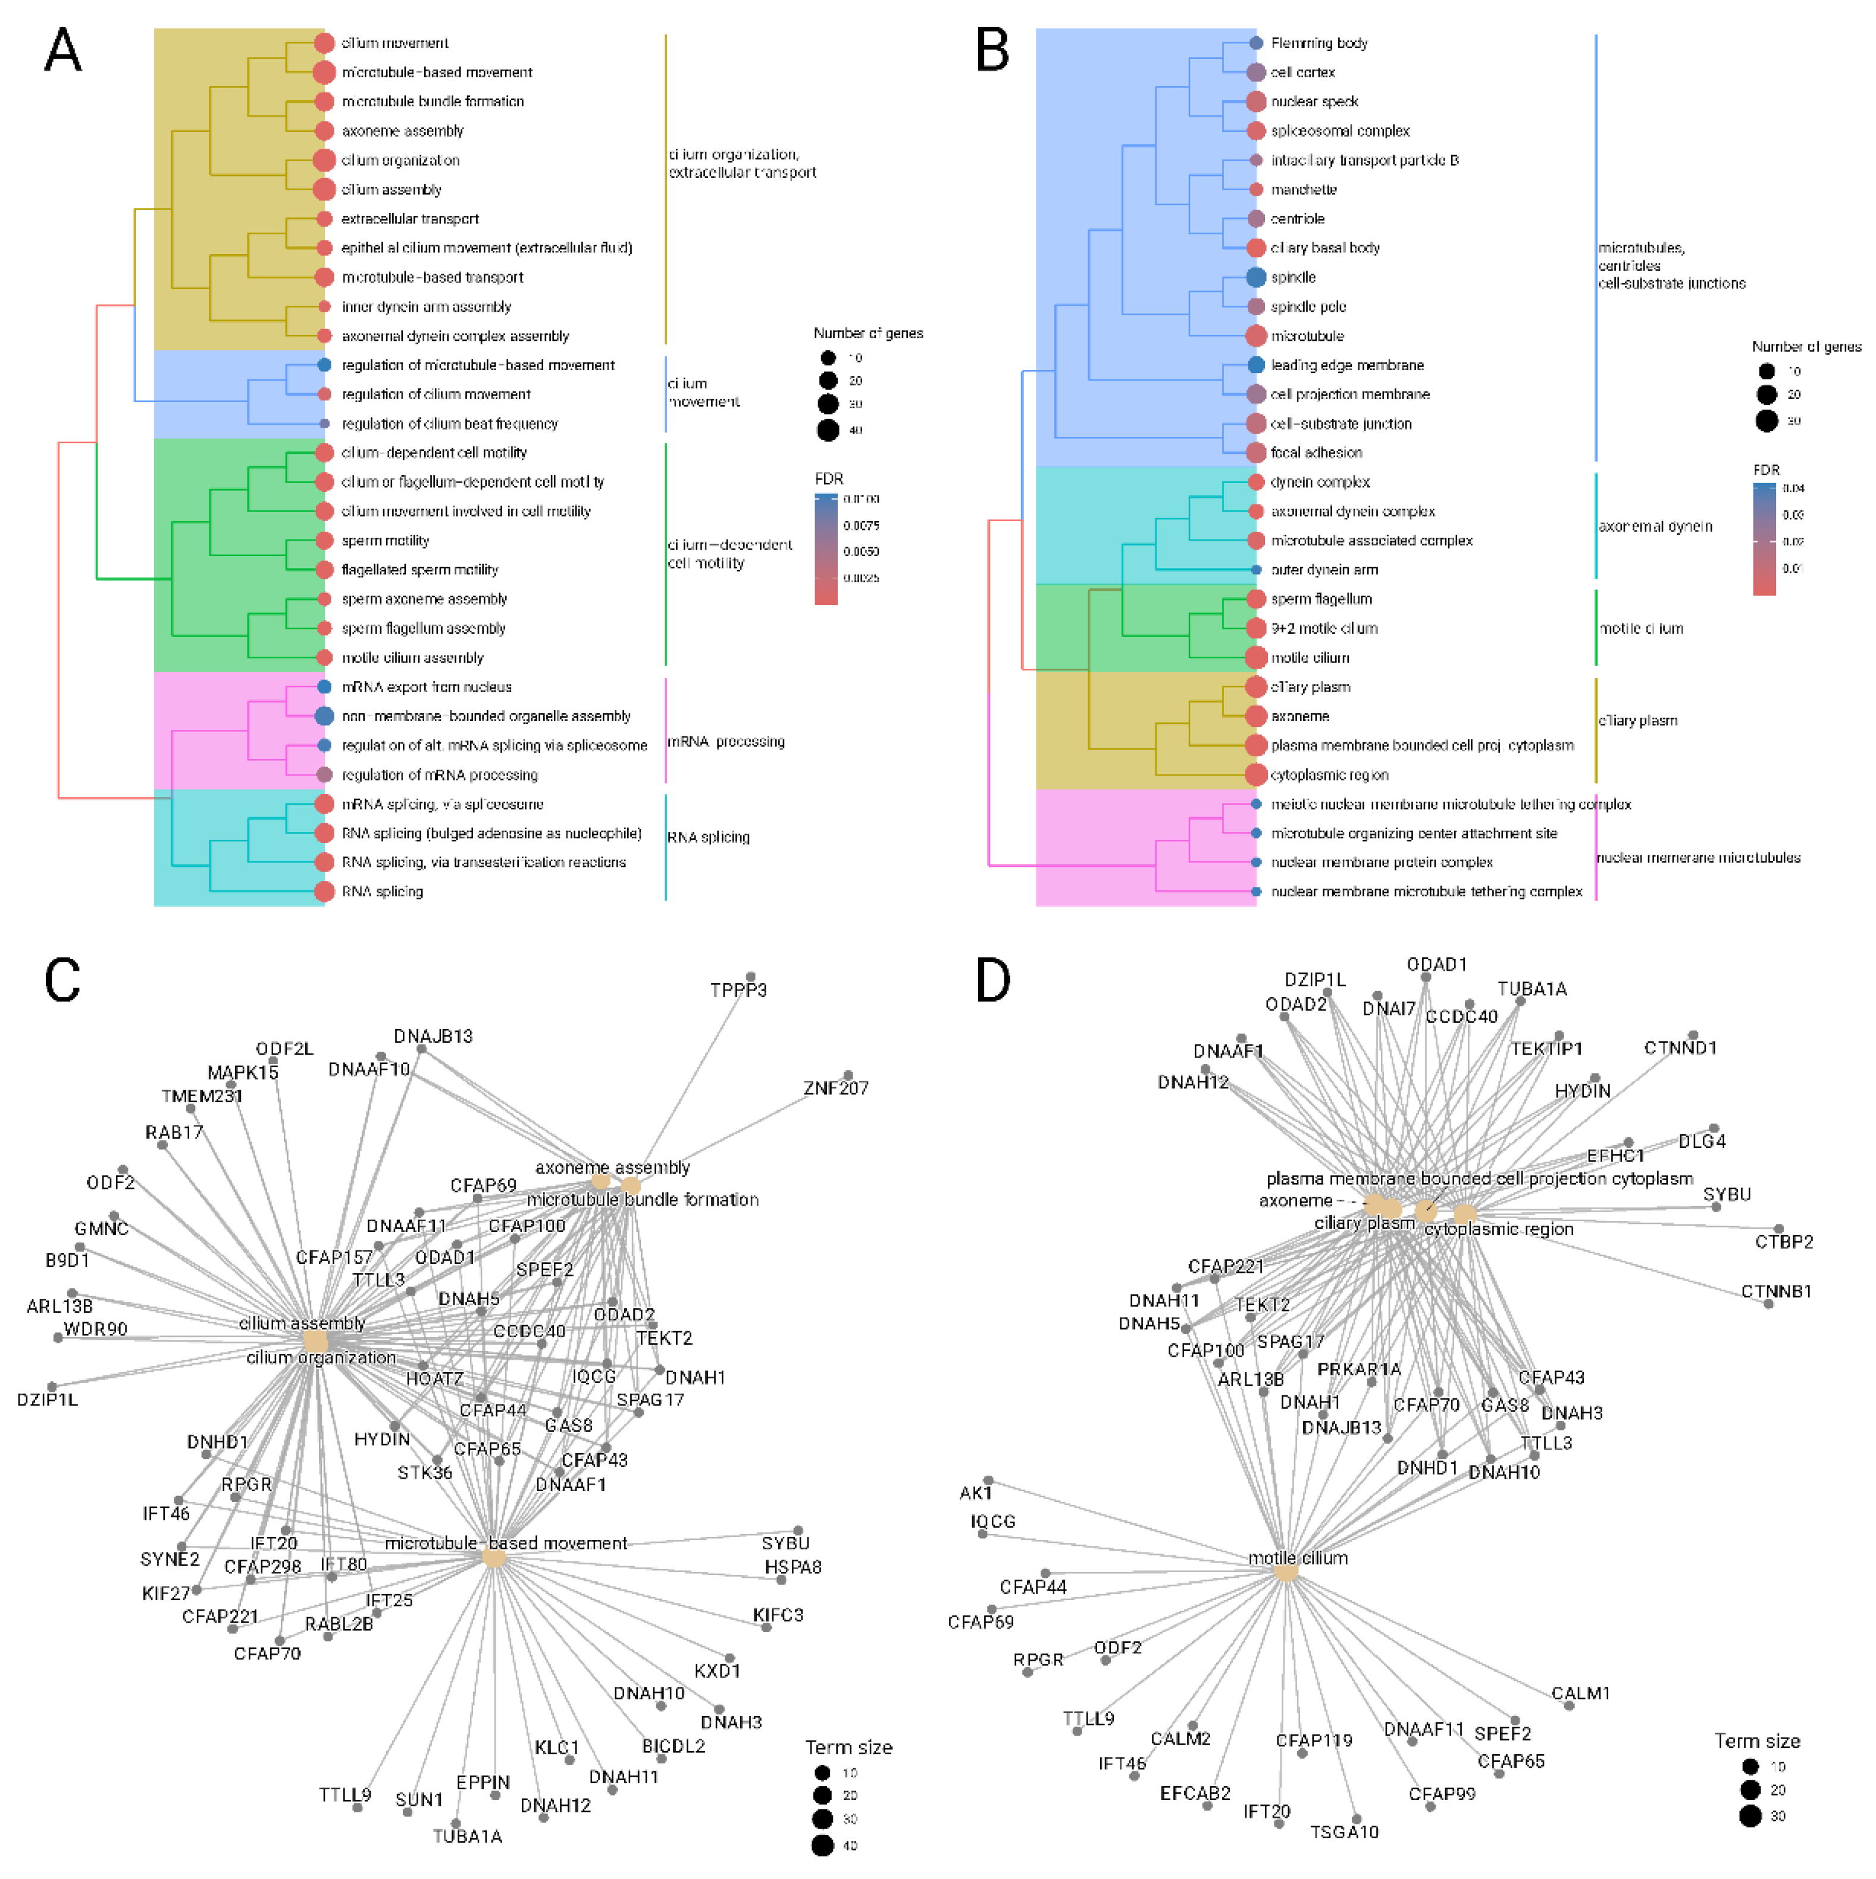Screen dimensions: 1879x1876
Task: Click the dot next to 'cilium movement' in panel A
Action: (x=325, y=43)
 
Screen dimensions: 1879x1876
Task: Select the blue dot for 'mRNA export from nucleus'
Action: (x=325, y=686)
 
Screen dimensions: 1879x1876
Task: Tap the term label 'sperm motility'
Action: (x=386, y=541)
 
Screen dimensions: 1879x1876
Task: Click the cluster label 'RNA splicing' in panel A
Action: (x=709, y=837)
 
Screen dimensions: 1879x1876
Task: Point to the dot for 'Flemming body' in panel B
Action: (x=1256, y=43)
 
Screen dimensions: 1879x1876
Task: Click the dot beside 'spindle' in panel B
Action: (x=1256, y=277)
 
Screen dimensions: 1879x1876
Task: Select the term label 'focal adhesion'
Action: (x=1317, y=452)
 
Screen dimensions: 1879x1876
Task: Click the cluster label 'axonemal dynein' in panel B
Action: (x=1655, y=526)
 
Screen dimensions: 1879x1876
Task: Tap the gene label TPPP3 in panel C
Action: (x=738, y=990)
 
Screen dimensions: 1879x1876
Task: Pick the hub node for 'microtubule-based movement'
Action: (x=494, y=1558)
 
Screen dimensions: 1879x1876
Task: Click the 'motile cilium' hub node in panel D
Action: (x=1286, y=1573)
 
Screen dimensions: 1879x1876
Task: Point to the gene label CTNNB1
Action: (x=1776, y=1291)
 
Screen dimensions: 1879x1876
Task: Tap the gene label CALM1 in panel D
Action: (x=1580, y=1693)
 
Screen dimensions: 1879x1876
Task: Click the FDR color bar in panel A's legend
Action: (x=826, y=550)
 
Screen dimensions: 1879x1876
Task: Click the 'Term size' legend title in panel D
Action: (x=1757, y=1741)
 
